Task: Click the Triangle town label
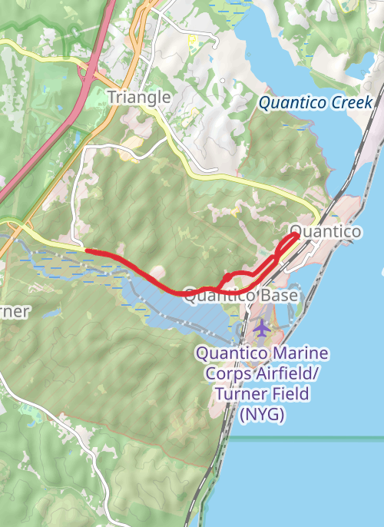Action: pyautogui.click(x=138, y=97)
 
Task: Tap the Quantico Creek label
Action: pyautogui.click(x=315, y=103)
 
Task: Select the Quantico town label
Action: pyautogui.click(x=325, y=231)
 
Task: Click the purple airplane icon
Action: pyautogui.click(x=262, y=329)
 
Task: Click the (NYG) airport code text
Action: pyautogui.click(x=262, y=415)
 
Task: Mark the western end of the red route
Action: pyautogui.click(x=86, y=250)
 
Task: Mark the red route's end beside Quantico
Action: pyautogui.click(x=297, y=237)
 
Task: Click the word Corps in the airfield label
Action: pyautogui.click(x=224, y=375)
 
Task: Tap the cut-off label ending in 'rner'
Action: pyautogui.click(x=15, y=311)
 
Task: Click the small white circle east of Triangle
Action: pyautogui.click(x=223, y=80)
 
